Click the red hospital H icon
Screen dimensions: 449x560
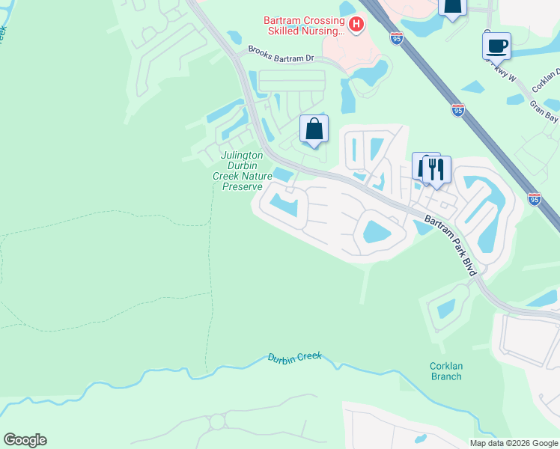tap(356, 25)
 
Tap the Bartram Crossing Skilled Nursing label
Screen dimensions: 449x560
tap(304, 25)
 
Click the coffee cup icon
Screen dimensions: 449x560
tap(497, 46)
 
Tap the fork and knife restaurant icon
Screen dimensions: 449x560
tap(436, 168)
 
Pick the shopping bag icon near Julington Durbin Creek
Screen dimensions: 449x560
tap(314, 129)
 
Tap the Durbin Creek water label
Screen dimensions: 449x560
tap(294, 357)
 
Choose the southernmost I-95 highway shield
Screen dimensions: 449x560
tap(534, 198)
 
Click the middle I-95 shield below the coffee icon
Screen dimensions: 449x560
tap(457, 109)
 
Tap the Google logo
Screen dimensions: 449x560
tap(25, 440)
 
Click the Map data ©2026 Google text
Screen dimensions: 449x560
tap(513, 443)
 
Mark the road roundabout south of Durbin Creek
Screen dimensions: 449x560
tap(217, 422)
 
